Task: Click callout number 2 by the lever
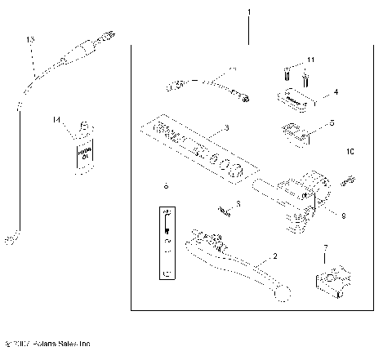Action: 274,256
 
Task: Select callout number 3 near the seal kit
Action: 226,129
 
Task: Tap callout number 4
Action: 335,94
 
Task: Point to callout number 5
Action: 332,124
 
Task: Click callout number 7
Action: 326,247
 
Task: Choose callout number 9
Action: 343,216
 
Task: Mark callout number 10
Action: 350,151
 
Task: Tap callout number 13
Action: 31,39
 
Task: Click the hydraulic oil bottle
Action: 82,147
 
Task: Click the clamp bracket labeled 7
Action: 333,282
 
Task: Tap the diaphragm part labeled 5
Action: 296,131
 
